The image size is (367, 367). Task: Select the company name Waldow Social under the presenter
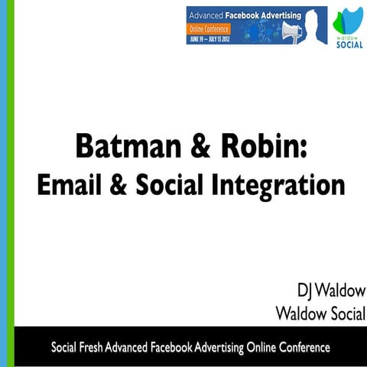coord(320,313)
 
